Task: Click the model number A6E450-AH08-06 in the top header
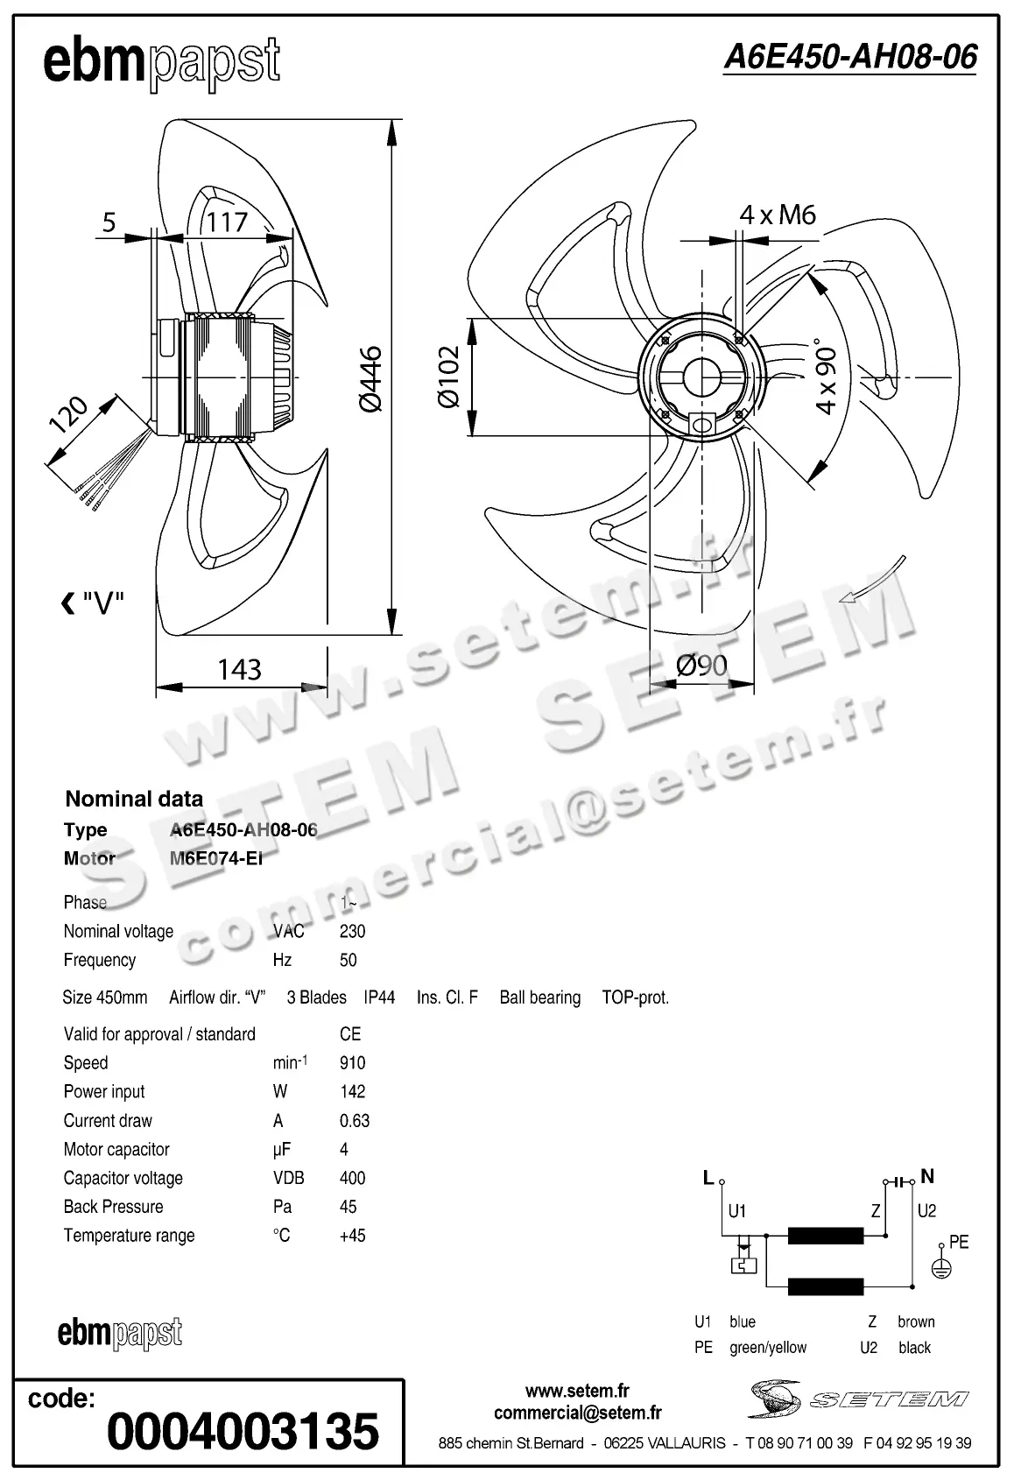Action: click(x=849, y=58)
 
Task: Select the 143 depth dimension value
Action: click(x=239, y=670)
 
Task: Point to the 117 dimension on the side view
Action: click(x=227, y=222)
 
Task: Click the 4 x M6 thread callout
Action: click(x=777, y=215)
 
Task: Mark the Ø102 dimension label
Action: click(x=448, y=377)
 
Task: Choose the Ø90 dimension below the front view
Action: click(x=701, y=666)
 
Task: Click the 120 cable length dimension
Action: click(x=68, y=415)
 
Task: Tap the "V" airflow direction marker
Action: click(x=93, y=603)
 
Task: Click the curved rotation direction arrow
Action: click(x=870, y=581)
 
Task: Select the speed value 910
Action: click(x=352, y=1063)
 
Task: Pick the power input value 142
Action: click(x=352, y=1092)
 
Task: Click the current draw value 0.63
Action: click(x=355, y=1121)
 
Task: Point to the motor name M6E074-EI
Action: click(x=215, y=858)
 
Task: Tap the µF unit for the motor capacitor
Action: click(x=281, y=1150)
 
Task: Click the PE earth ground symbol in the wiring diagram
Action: click(x=940, y=1266)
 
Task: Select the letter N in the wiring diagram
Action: click(x=927, y=1176)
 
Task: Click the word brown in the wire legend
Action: click(x=916, y=1321)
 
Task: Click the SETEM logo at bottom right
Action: click(x=858, y=1399)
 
